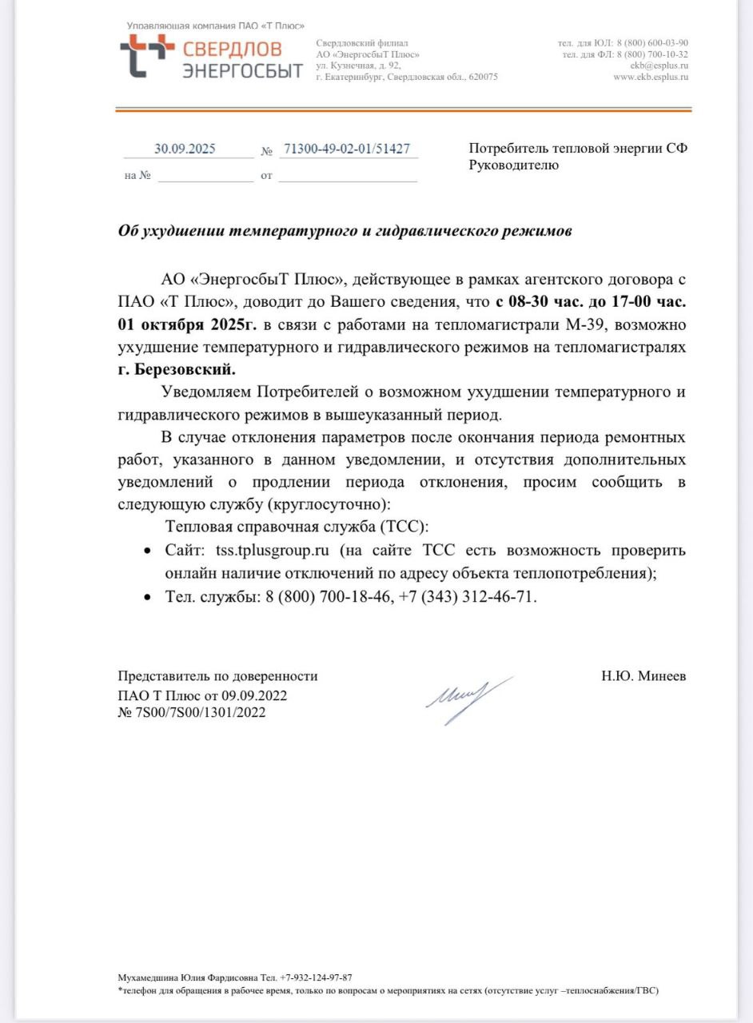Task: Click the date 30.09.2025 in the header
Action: tap(185, 149)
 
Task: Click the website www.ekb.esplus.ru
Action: tap(651, 78)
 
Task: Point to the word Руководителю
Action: tap(514, 165)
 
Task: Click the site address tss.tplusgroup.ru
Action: tap(273, 551)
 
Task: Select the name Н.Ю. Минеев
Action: tap(643, 676)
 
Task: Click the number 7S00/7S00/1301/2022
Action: tap(198, 712)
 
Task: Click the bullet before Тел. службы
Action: tap(146, 597)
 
